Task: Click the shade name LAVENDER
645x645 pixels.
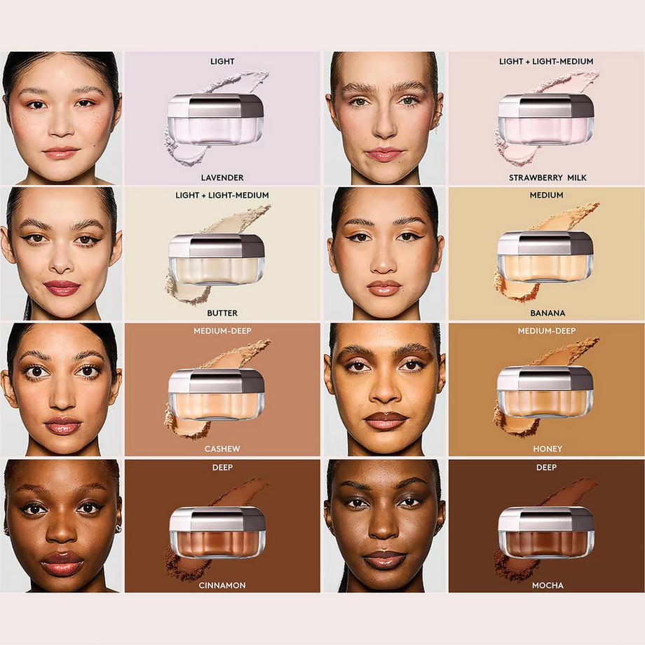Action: coord(222,178)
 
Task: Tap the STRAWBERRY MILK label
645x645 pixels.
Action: coord(548,178)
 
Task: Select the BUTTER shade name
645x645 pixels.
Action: coord(222,313)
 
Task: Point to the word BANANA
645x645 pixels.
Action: coord(548,313)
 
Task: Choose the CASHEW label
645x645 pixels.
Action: coord(222,449)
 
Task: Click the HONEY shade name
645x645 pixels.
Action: coord(548,449)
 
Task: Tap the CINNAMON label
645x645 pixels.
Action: coord(222,585)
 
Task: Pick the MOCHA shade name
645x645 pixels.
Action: coord(548,585)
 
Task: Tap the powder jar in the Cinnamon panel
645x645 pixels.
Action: coord(217,531)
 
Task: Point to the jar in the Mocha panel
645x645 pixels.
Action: coord(546,531)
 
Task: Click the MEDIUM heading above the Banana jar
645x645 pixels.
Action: coord(547,195)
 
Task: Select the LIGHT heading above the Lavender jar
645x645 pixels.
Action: coord(222,61)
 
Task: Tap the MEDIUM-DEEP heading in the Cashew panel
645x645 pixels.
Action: coord(222,331)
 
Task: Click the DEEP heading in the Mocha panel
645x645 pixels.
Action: coord(547,468)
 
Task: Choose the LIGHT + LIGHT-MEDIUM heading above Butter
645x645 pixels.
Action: coord(222,195)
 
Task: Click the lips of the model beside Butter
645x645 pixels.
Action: coord(62,287)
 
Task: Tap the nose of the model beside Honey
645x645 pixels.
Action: coord(385,393)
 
